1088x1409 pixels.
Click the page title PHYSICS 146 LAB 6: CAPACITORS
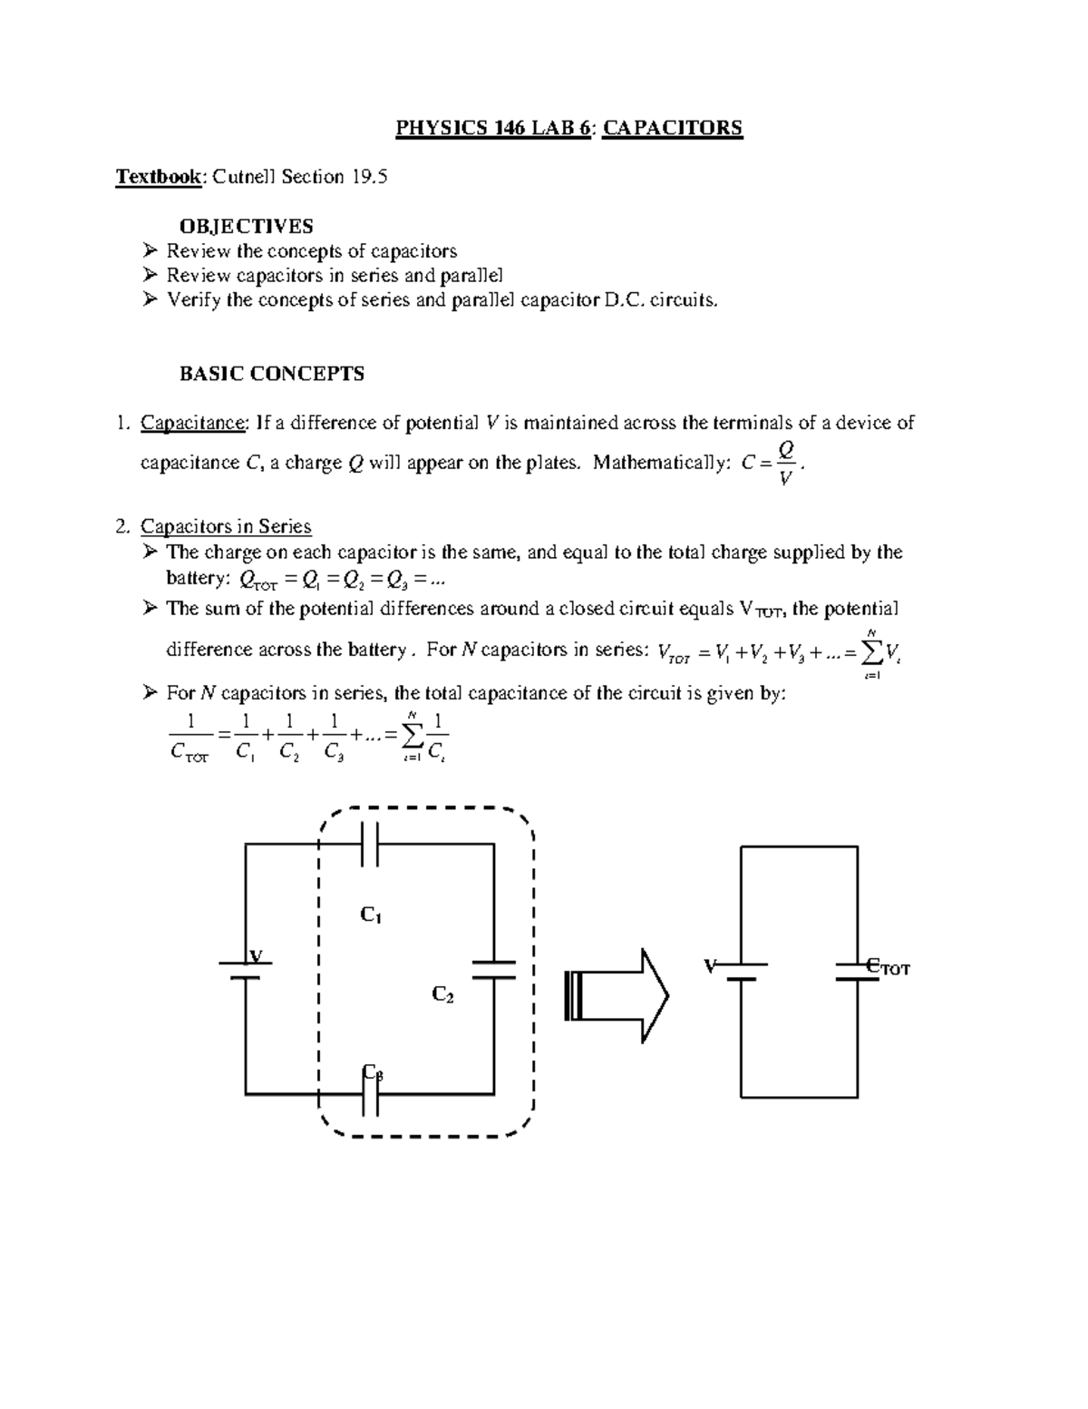tap(568, 128)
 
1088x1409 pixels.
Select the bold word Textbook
tap(158, 177)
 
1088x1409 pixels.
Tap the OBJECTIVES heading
tap(247, 226)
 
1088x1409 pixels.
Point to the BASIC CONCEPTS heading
tap(272, 374)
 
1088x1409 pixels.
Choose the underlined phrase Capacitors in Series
tap(226, 527)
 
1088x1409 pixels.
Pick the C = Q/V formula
tap(772, 464)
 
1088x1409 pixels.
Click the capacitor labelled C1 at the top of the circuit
tap(369, 845)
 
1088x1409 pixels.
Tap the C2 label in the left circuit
tap(442, 995)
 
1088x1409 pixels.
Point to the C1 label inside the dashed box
tap(370, 915)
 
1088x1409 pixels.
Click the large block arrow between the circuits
tap(617, 996)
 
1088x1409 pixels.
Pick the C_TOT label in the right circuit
tap(888, 968)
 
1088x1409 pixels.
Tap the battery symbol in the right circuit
tap(741, 971)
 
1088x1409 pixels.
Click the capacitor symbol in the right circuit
tap(857, 971)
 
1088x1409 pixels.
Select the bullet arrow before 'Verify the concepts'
tap(151, 300)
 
